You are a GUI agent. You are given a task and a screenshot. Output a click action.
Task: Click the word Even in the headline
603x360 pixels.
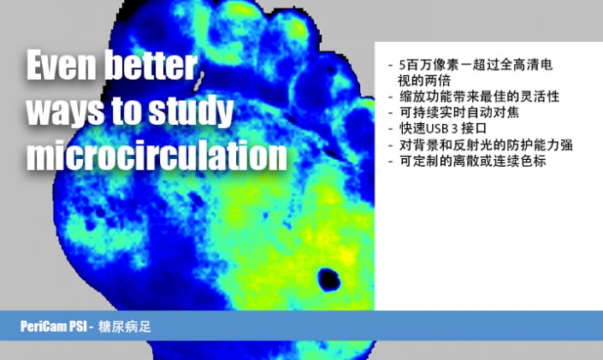[x=61, y=65]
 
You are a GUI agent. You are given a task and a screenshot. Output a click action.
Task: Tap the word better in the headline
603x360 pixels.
[x=151, y=65]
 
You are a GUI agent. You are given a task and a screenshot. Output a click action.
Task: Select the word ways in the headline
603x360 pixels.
[x=65, y=111]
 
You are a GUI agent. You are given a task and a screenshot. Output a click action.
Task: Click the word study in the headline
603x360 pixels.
[x=191, y=111]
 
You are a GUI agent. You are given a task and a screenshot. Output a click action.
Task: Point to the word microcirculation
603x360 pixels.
[x=157, y=155]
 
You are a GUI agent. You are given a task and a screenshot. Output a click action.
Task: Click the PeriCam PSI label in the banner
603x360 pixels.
[x=53, y=327]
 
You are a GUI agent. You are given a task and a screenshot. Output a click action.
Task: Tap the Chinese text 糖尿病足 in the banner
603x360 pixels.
[x=125, y=327]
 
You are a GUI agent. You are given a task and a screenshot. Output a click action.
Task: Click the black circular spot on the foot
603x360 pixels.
[x=328, y=280]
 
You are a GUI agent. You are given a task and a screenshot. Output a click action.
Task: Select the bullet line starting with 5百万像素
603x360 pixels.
[x=476, y=65]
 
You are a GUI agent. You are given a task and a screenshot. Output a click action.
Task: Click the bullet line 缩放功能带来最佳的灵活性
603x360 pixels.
[x=479, y=96]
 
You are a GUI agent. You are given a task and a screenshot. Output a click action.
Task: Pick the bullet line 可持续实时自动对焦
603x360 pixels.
[x=459, y=112]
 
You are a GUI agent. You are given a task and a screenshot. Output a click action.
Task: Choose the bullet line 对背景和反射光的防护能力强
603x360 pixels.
[x=486, y=145]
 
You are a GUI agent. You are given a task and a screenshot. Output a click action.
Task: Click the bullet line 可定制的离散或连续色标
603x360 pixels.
[x=473, y=161]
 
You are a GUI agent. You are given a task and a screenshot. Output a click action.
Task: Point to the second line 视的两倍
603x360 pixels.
[x=423, y=80]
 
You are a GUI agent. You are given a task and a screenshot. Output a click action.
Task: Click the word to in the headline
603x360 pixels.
[x=127, y=111]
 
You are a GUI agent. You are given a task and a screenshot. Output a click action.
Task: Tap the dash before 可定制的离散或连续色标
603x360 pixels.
[x=391, y=161]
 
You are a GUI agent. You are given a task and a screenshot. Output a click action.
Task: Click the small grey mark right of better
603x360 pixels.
[x=198, y=81]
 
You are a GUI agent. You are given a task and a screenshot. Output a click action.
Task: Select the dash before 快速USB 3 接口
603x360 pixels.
[x=391, y=129]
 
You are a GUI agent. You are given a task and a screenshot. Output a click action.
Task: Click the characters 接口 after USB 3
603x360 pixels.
[x=474, y=128]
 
